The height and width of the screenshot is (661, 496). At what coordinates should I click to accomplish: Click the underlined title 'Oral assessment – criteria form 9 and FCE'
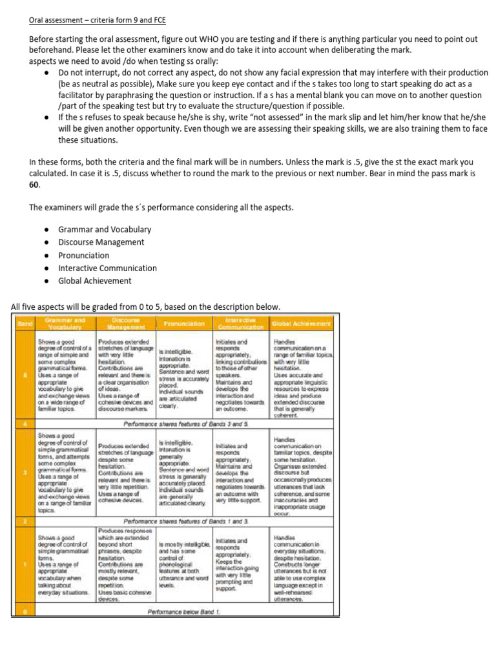[97, 20]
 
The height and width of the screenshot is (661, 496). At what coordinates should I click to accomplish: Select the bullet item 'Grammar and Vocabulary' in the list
[105, 229]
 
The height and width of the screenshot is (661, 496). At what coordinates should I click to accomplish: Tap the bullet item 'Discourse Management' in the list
[101, 242]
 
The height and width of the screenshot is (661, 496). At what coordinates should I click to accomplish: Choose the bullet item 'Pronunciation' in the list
[84, 255]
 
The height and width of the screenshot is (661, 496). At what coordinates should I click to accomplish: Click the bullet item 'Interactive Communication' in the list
[107, 268]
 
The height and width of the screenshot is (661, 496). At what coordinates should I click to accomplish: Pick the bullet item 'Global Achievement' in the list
[95, 281]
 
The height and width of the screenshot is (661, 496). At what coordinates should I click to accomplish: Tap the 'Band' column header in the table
[24, 323]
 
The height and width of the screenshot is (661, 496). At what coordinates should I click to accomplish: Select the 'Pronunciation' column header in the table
[184, 323]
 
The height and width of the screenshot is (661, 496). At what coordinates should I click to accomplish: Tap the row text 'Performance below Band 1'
[185, 611]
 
